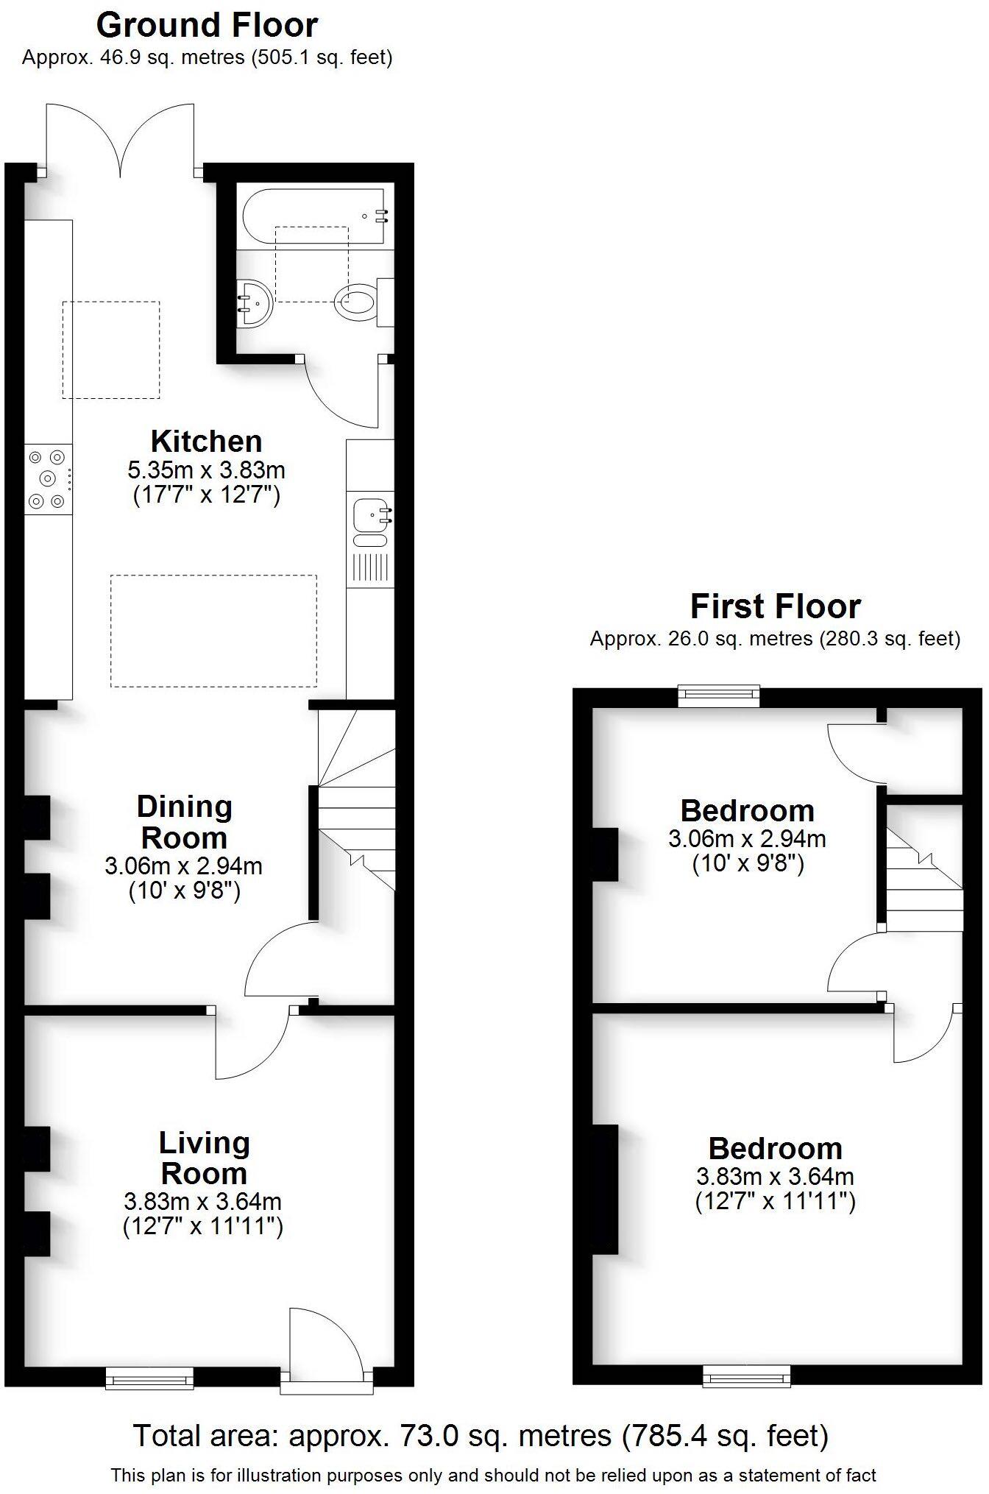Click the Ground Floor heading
coord(207,26)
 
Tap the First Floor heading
coord(775,607)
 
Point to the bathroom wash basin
coord(254,302)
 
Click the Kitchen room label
coord(206,442)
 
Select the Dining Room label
coord(184,822)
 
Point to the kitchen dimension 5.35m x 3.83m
coord(206,470)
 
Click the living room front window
coord(149,1378)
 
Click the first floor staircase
coord(924,879)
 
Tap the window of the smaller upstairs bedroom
coord(718,696)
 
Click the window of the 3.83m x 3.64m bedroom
coord(746,1376)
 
